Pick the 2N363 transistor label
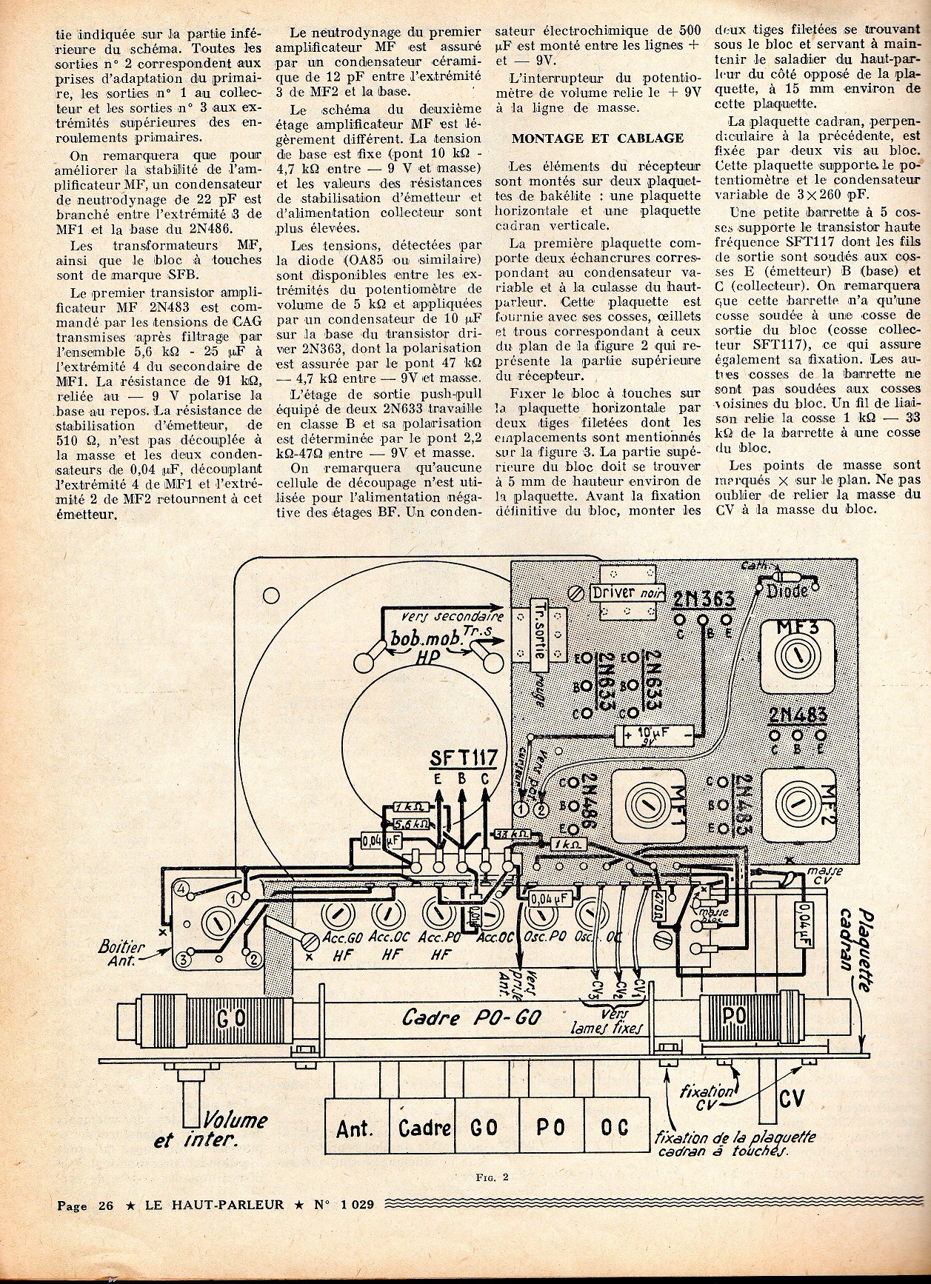point(704,599)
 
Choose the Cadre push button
point(424,1128)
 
